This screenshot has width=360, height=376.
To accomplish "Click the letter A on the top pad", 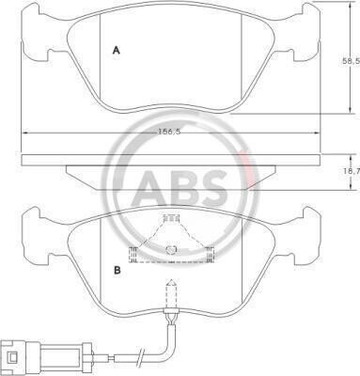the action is coord(117,50).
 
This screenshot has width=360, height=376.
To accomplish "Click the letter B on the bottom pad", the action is coord(117,270).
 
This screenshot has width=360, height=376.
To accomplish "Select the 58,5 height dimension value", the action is coord(351,61).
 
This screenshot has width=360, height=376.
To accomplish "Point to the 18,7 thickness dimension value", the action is coord(353,171).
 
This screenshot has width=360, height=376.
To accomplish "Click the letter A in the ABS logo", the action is coord(150,187).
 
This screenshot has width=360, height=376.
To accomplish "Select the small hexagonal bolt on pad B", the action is coord(171,250).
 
